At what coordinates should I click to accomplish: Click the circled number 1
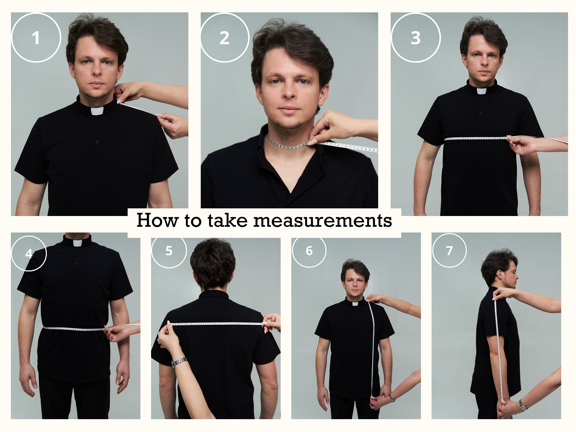click(x=36, y=38)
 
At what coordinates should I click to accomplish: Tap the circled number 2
click(x=224, y=38)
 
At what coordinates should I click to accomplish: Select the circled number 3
click(x=416, y=38)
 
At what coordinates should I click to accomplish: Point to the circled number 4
click(x=29, y=253)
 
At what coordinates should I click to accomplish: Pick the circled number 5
click(x=169, y=251)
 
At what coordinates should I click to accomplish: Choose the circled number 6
click(x=309, y=251)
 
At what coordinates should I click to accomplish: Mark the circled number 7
click(x=449, y=251)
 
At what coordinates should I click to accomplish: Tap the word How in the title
click(x=158, y=220)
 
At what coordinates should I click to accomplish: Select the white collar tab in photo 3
click(x=482, y=91)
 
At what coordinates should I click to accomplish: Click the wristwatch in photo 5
click(x=179, y=362)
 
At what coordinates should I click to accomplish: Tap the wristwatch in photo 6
click(x=391, y=398)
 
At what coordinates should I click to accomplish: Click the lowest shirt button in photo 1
click(x=97, y=142)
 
